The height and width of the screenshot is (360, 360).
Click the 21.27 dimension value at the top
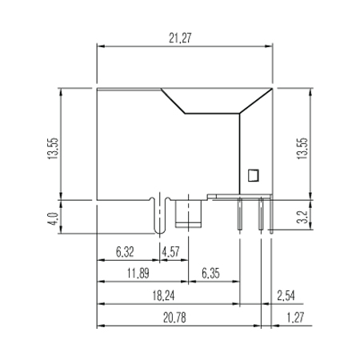coord(180,38)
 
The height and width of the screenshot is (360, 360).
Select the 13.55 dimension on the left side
coord(53,149)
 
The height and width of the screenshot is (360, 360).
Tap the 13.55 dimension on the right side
coord(302,149)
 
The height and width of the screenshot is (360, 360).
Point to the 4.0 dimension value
coord(53,218)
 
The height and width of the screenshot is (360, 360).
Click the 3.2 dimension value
coord(302,217)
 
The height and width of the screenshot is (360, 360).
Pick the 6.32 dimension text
coord(125,252)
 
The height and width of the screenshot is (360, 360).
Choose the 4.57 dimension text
coord(171,252)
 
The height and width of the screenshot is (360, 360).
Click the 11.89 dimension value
coord(138,274)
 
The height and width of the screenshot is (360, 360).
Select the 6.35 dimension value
coord(210,274)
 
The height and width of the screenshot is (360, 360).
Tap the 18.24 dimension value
coord(163,296)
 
